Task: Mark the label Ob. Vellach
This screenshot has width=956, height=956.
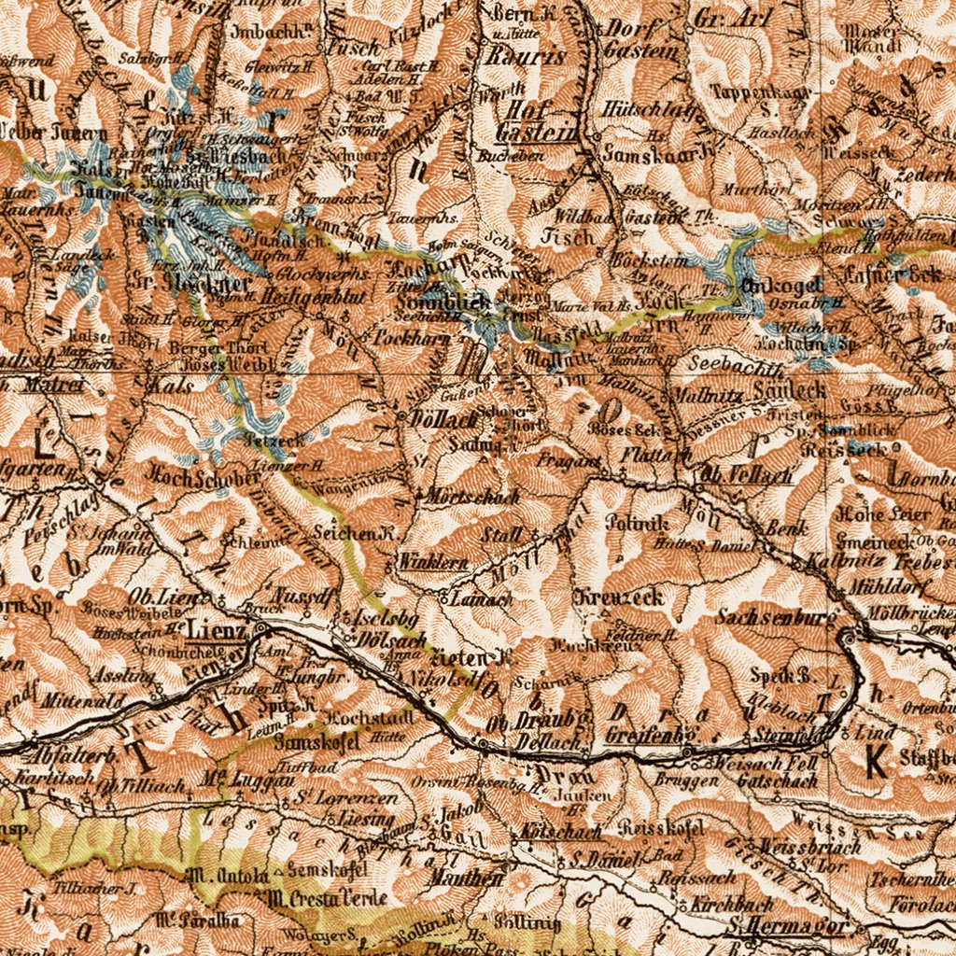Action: click(x=747, y=475)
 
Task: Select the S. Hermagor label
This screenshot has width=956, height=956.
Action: click(x=789, y=927)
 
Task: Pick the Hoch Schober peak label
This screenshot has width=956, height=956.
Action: click(x=202, y=477)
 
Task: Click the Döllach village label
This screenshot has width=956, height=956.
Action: click(x=443, y=420)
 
